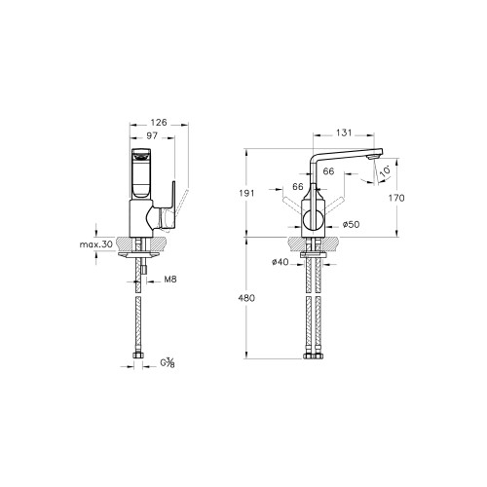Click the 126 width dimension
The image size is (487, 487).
[x=159, y=123]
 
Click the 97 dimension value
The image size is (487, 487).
[x=152, y=135]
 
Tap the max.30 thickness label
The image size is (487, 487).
[x=96, y=244]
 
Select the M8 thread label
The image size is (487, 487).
[x=170, y=279]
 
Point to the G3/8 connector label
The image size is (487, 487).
[x=168, y=362]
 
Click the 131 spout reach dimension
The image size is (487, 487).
[x=344, y=132]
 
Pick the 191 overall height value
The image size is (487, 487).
[x=246, y=193]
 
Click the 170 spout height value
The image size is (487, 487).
[x=396, y=198]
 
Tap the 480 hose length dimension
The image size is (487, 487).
[x=246, y=298]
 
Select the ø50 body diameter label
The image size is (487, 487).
[x=352, y=224]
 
